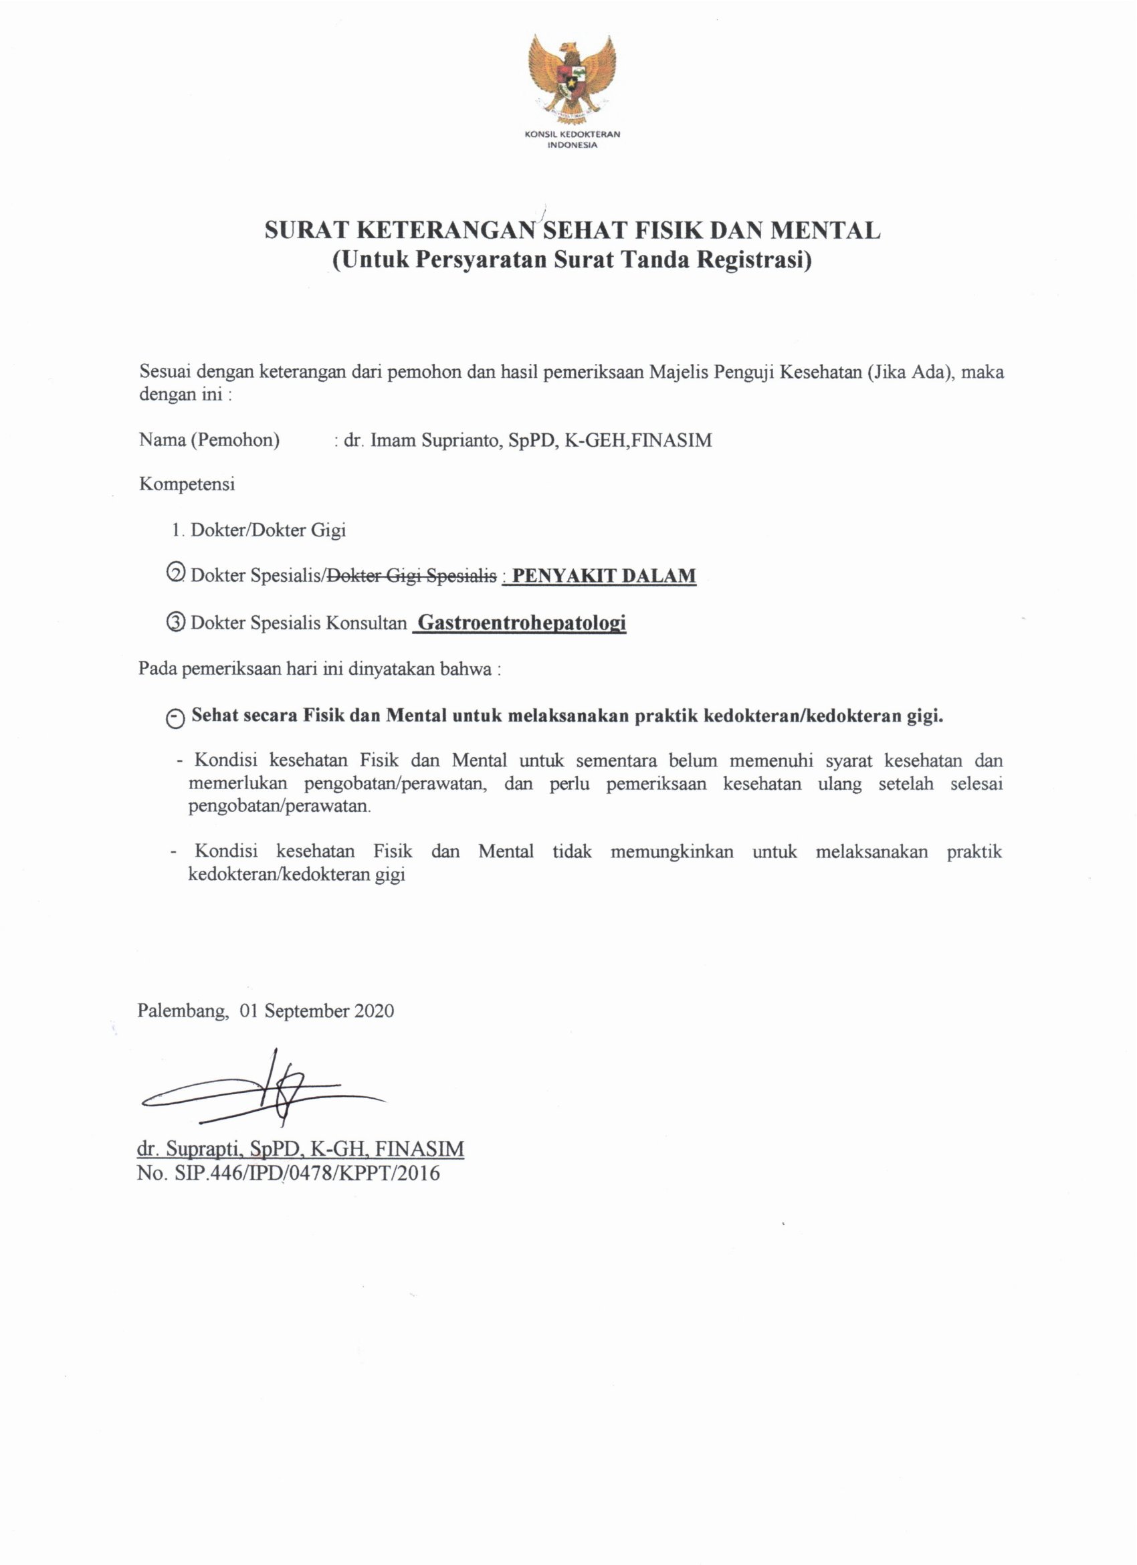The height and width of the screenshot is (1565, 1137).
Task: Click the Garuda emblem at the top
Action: point(571,78)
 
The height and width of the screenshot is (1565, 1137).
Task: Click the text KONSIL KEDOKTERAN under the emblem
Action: point(572,134)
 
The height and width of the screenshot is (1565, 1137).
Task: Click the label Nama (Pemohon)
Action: point(209,440)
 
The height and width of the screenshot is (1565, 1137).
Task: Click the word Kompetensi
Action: point(187,484)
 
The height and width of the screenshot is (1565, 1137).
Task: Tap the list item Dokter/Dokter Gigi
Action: point(268,530)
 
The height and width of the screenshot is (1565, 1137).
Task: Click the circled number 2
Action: point(176,575)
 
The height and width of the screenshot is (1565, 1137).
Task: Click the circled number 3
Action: point(176,623)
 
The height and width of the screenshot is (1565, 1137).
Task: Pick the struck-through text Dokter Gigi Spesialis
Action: point(411,575)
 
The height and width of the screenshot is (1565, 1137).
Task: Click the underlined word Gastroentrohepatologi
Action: point(522,623)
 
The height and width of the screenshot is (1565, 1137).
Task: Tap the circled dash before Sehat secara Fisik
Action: point(175,718)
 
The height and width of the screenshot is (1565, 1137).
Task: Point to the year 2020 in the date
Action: point(374,1012)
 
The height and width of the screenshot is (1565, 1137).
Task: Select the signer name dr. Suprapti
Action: point(187,1148)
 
